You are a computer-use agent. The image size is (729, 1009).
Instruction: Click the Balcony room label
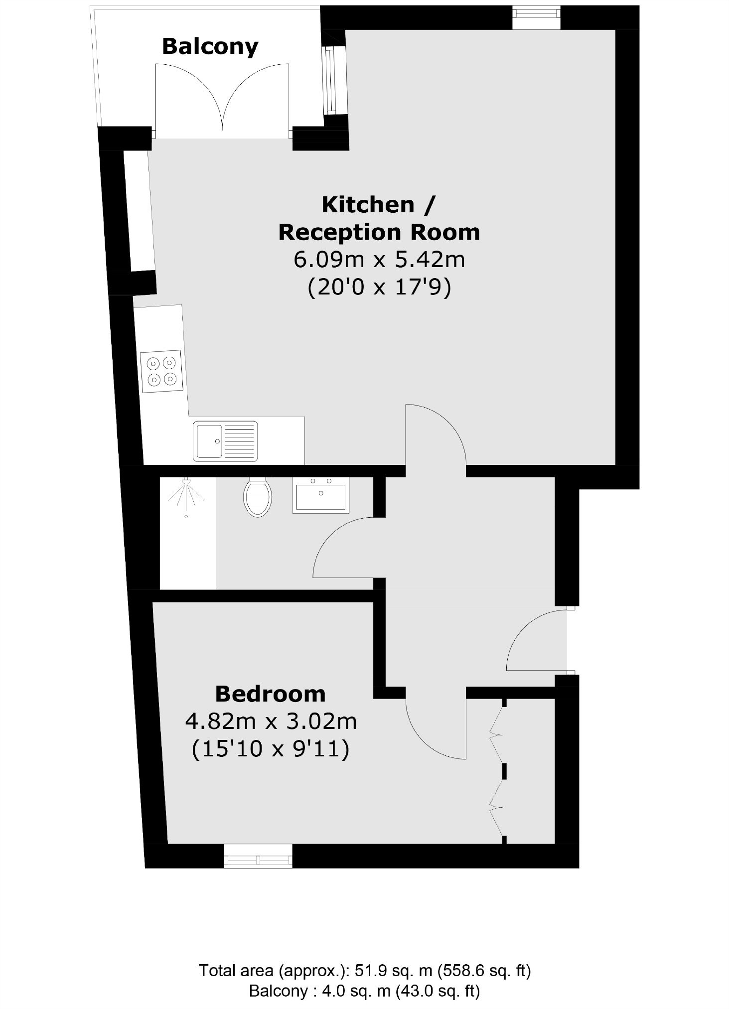click(x=210, y=47)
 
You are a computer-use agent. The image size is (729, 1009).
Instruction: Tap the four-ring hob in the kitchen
click(x=161, y=370)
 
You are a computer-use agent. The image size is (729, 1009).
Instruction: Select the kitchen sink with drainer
click(x=226, y=440)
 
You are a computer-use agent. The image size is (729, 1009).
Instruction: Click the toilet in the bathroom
click(x=257, y=497)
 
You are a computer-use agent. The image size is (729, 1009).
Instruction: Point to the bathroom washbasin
click(x=321, y=495)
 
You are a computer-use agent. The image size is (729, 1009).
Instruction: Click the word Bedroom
click(x=270, y=694)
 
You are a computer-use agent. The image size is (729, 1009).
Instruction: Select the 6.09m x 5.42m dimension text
click(x=379, y=260)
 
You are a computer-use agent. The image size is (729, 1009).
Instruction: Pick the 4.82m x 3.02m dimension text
click(x=271, y=721)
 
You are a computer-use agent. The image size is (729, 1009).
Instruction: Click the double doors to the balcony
click(x=222, y=100)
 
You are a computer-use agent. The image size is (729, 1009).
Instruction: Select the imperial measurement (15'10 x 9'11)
click(x=271, y=749)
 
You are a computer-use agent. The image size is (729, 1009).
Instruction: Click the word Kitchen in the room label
click(x=368, y=205)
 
